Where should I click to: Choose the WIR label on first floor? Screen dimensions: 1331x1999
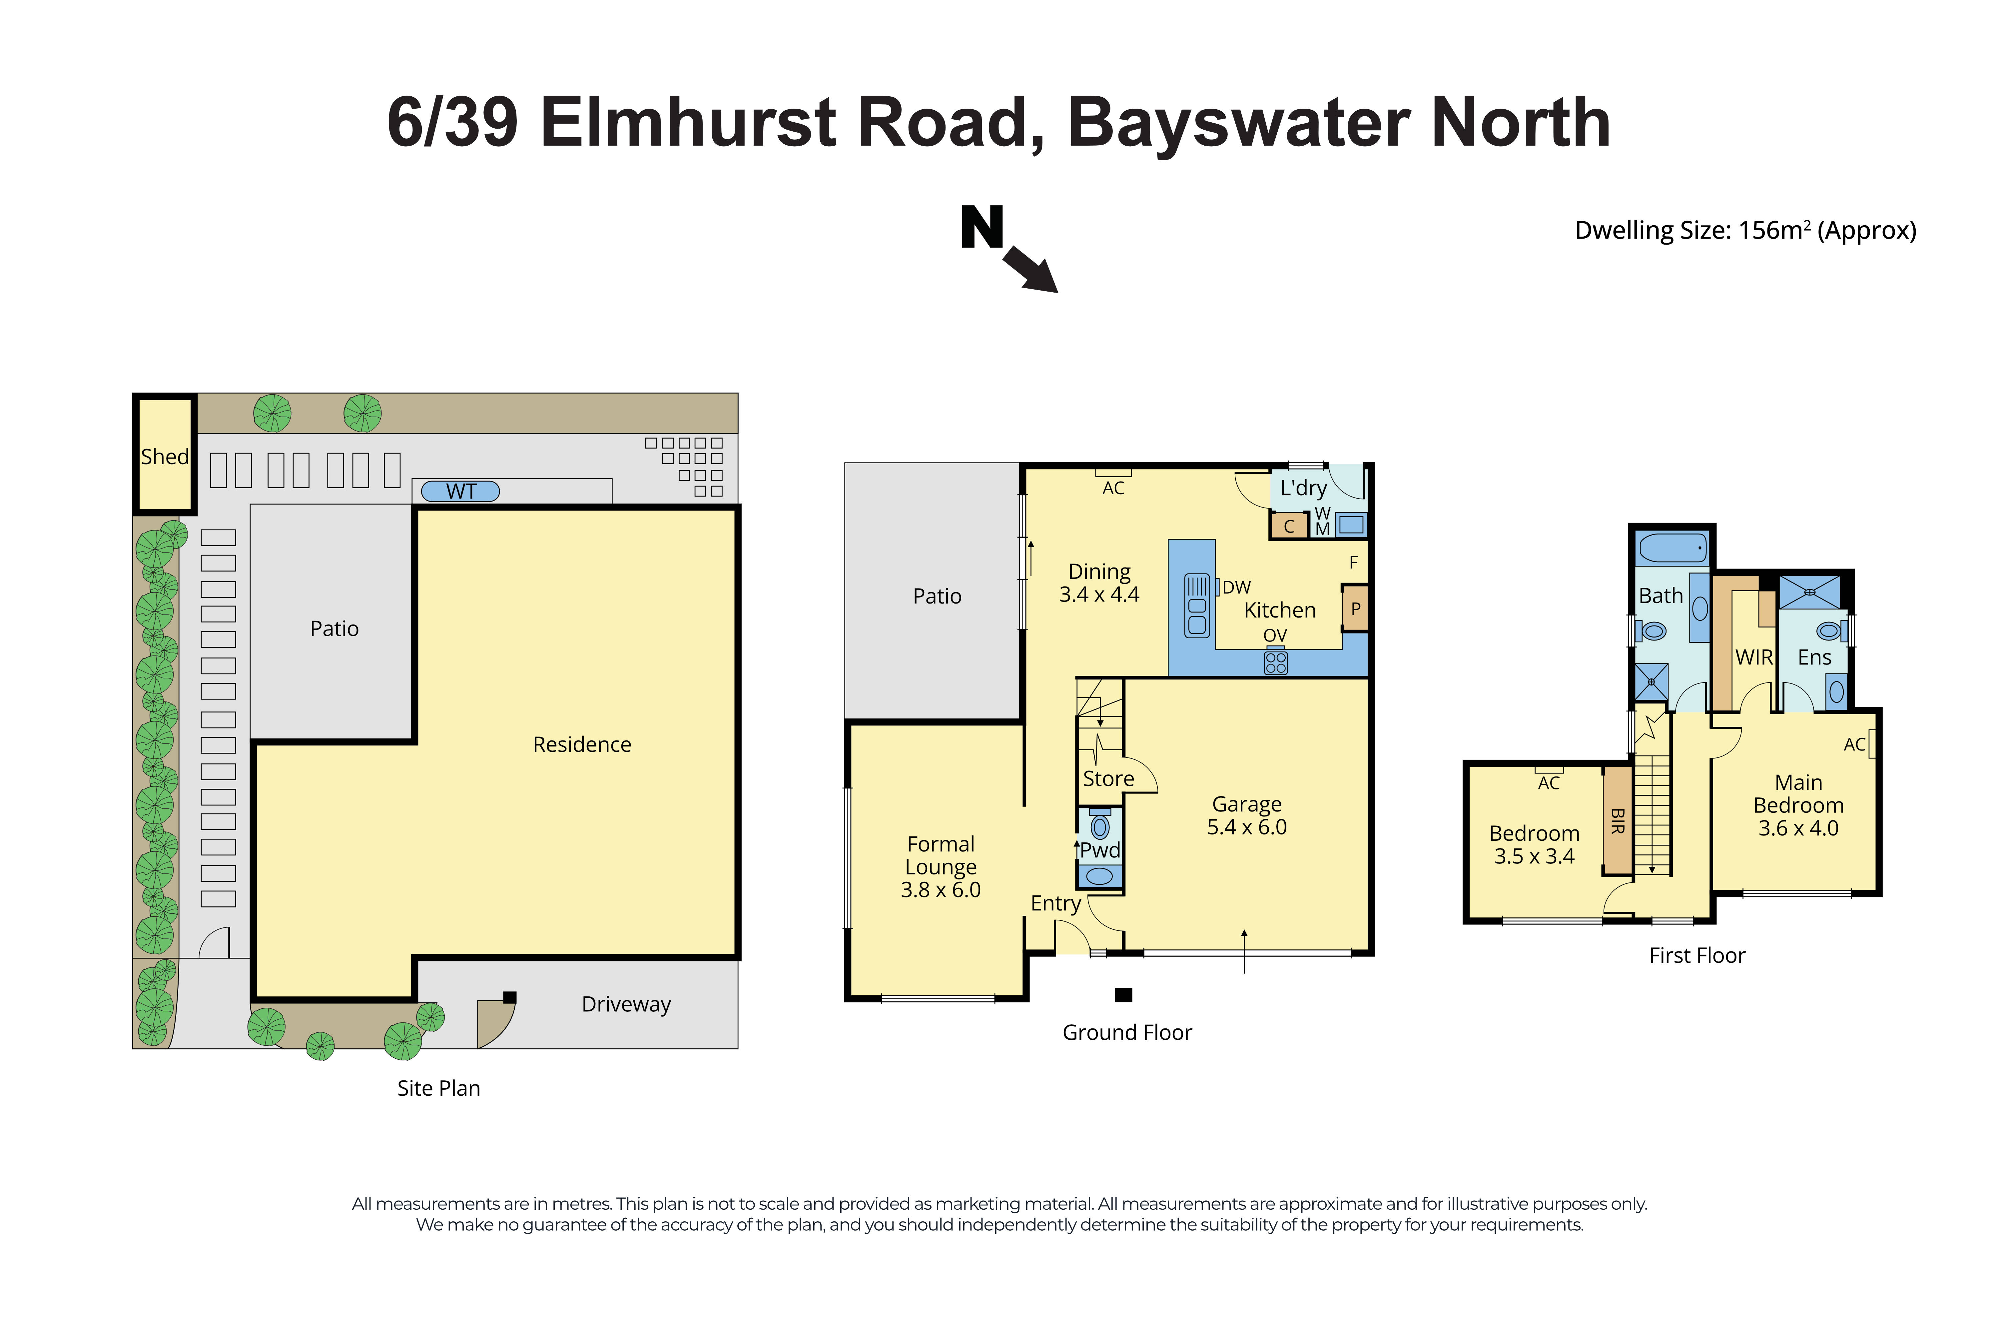point(1753,657)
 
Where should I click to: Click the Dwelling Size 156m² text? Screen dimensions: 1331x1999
point(1744,231)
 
